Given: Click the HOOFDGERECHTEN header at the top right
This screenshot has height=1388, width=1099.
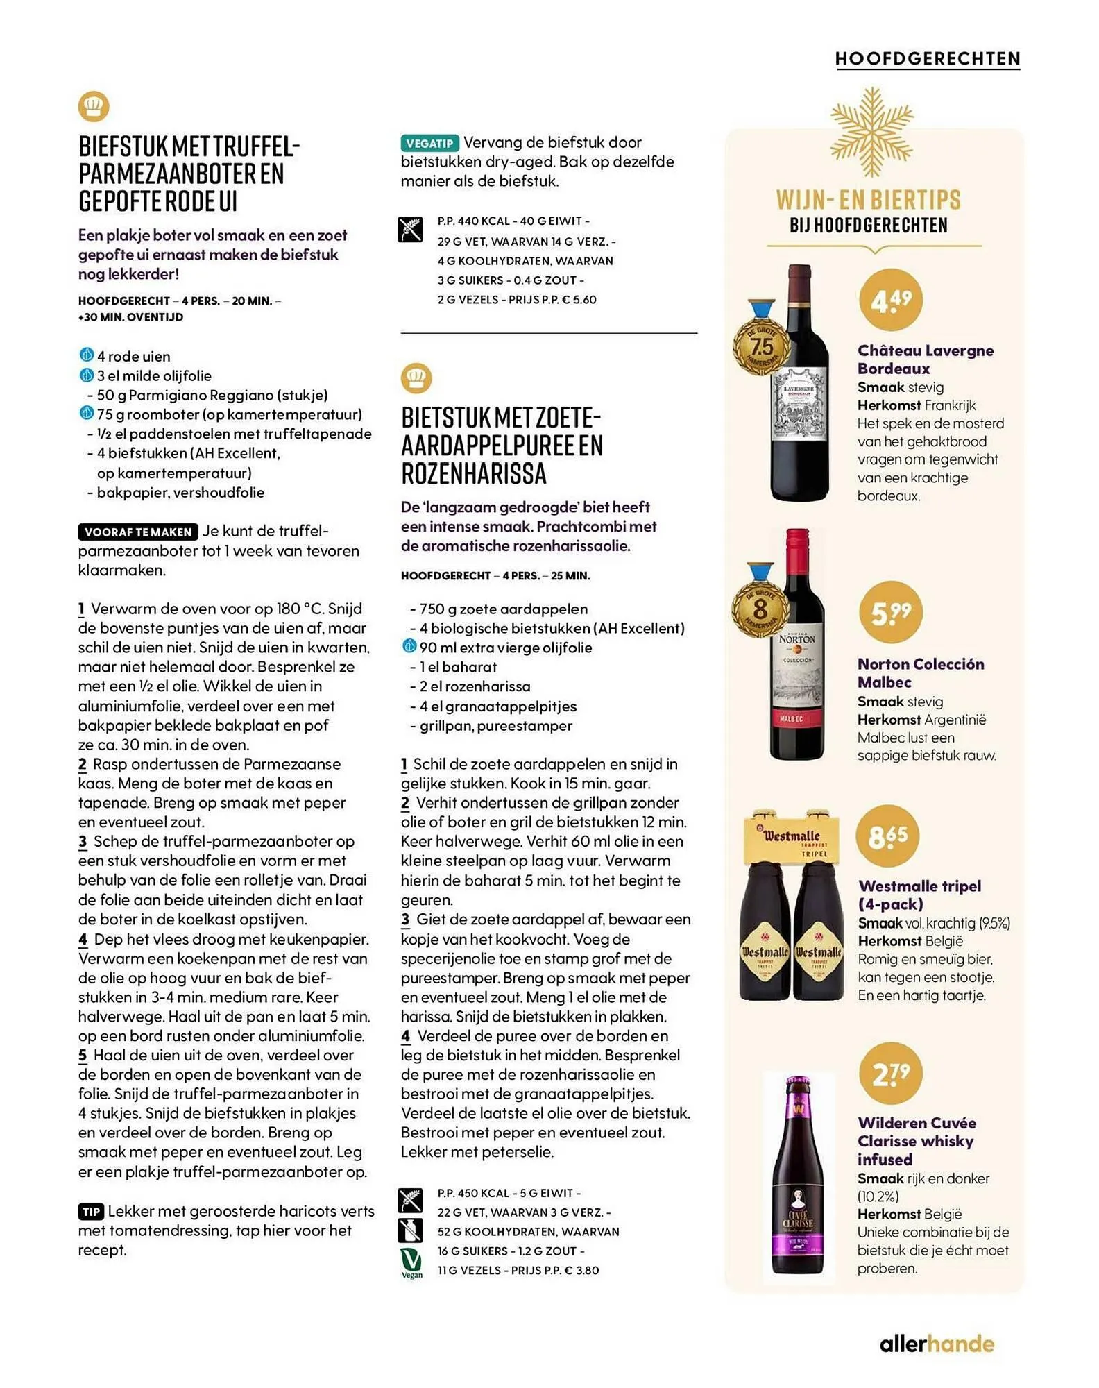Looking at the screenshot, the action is tap(928, 59).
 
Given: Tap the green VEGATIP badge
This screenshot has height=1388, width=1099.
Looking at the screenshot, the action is tap(429, 143).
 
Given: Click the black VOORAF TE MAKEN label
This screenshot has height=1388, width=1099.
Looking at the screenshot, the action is tap(138, 532).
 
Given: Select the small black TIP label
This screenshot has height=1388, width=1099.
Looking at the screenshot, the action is tap(91, 1212).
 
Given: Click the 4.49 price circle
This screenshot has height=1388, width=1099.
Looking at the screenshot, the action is tap(892, 301).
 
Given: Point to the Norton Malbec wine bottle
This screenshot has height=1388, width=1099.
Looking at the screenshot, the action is tap(797, 645).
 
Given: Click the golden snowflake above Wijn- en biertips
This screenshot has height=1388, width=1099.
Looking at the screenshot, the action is tap(871, 132).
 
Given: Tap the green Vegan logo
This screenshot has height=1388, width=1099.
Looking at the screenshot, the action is tap(411, 1263).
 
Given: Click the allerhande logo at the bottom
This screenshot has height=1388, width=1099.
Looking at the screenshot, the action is tap(937, 1344).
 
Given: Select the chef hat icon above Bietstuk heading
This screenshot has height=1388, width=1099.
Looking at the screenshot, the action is tap(416, 378).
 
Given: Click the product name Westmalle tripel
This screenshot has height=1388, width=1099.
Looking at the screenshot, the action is tap(919, 886).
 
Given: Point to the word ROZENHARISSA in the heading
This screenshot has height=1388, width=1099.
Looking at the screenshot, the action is tap(474, 474).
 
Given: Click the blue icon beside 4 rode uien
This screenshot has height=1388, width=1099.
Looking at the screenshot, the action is tap(86, 355).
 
